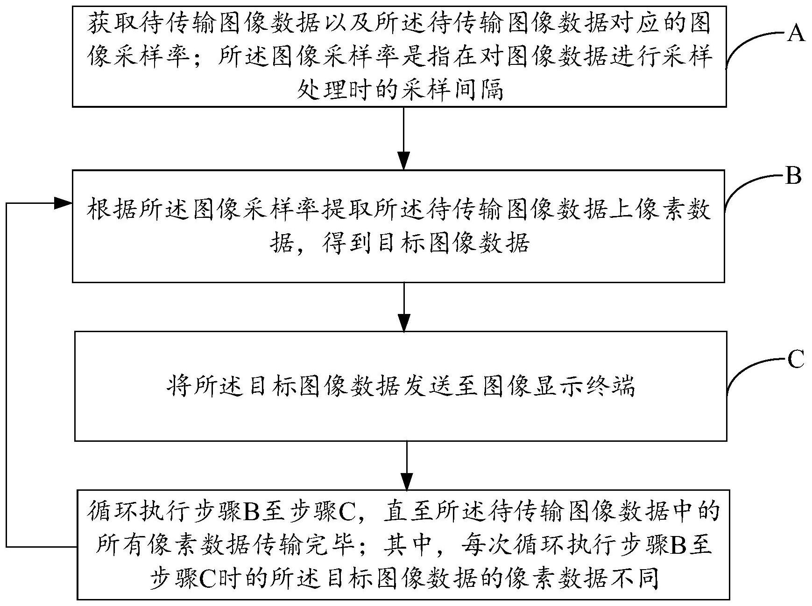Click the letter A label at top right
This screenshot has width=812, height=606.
(x=796, y=34)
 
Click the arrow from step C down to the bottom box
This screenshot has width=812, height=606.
(x=407, y=465)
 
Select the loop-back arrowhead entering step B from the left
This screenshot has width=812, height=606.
(x=63, y=203)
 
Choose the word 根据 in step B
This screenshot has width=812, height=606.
(x=112, y=210)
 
